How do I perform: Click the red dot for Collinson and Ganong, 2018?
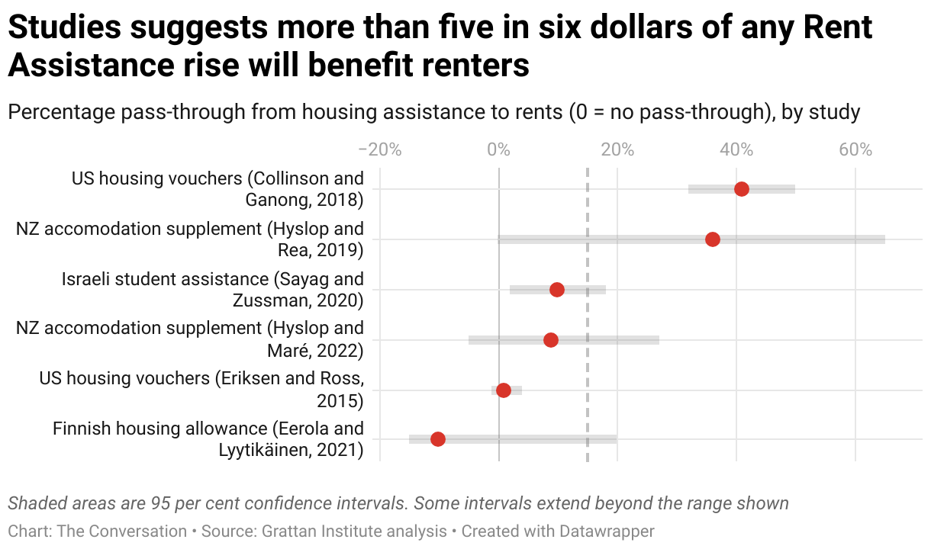[x=741, y=189]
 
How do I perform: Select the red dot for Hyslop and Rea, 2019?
[x=713, y=239]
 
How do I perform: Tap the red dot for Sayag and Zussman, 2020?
[x=557, y=290]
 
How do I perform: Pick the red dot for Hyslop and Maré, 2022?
[x=551, y=340]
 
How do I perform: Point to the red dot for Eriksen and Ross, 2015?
[x=504, y=390]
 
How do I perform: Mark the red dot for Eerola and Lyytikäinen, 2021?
[x=438, y=439]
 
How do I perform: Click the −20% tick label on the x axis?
[x=379, y=150]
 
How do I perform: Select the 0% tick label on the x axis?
[x=498, y=150]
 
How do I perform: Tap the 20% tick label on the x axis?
[x=617, y=150]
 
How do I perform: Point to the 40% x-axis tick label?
[x=736, y=150]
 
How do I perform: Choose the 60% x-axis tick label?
[x=855, y=150]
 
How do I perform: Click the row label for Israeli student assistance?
[x=213, y=290]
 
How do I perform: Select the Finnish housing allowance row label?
[x=208, y=439]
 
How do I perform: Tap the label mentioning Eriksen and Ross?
[x=201, y=389]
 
